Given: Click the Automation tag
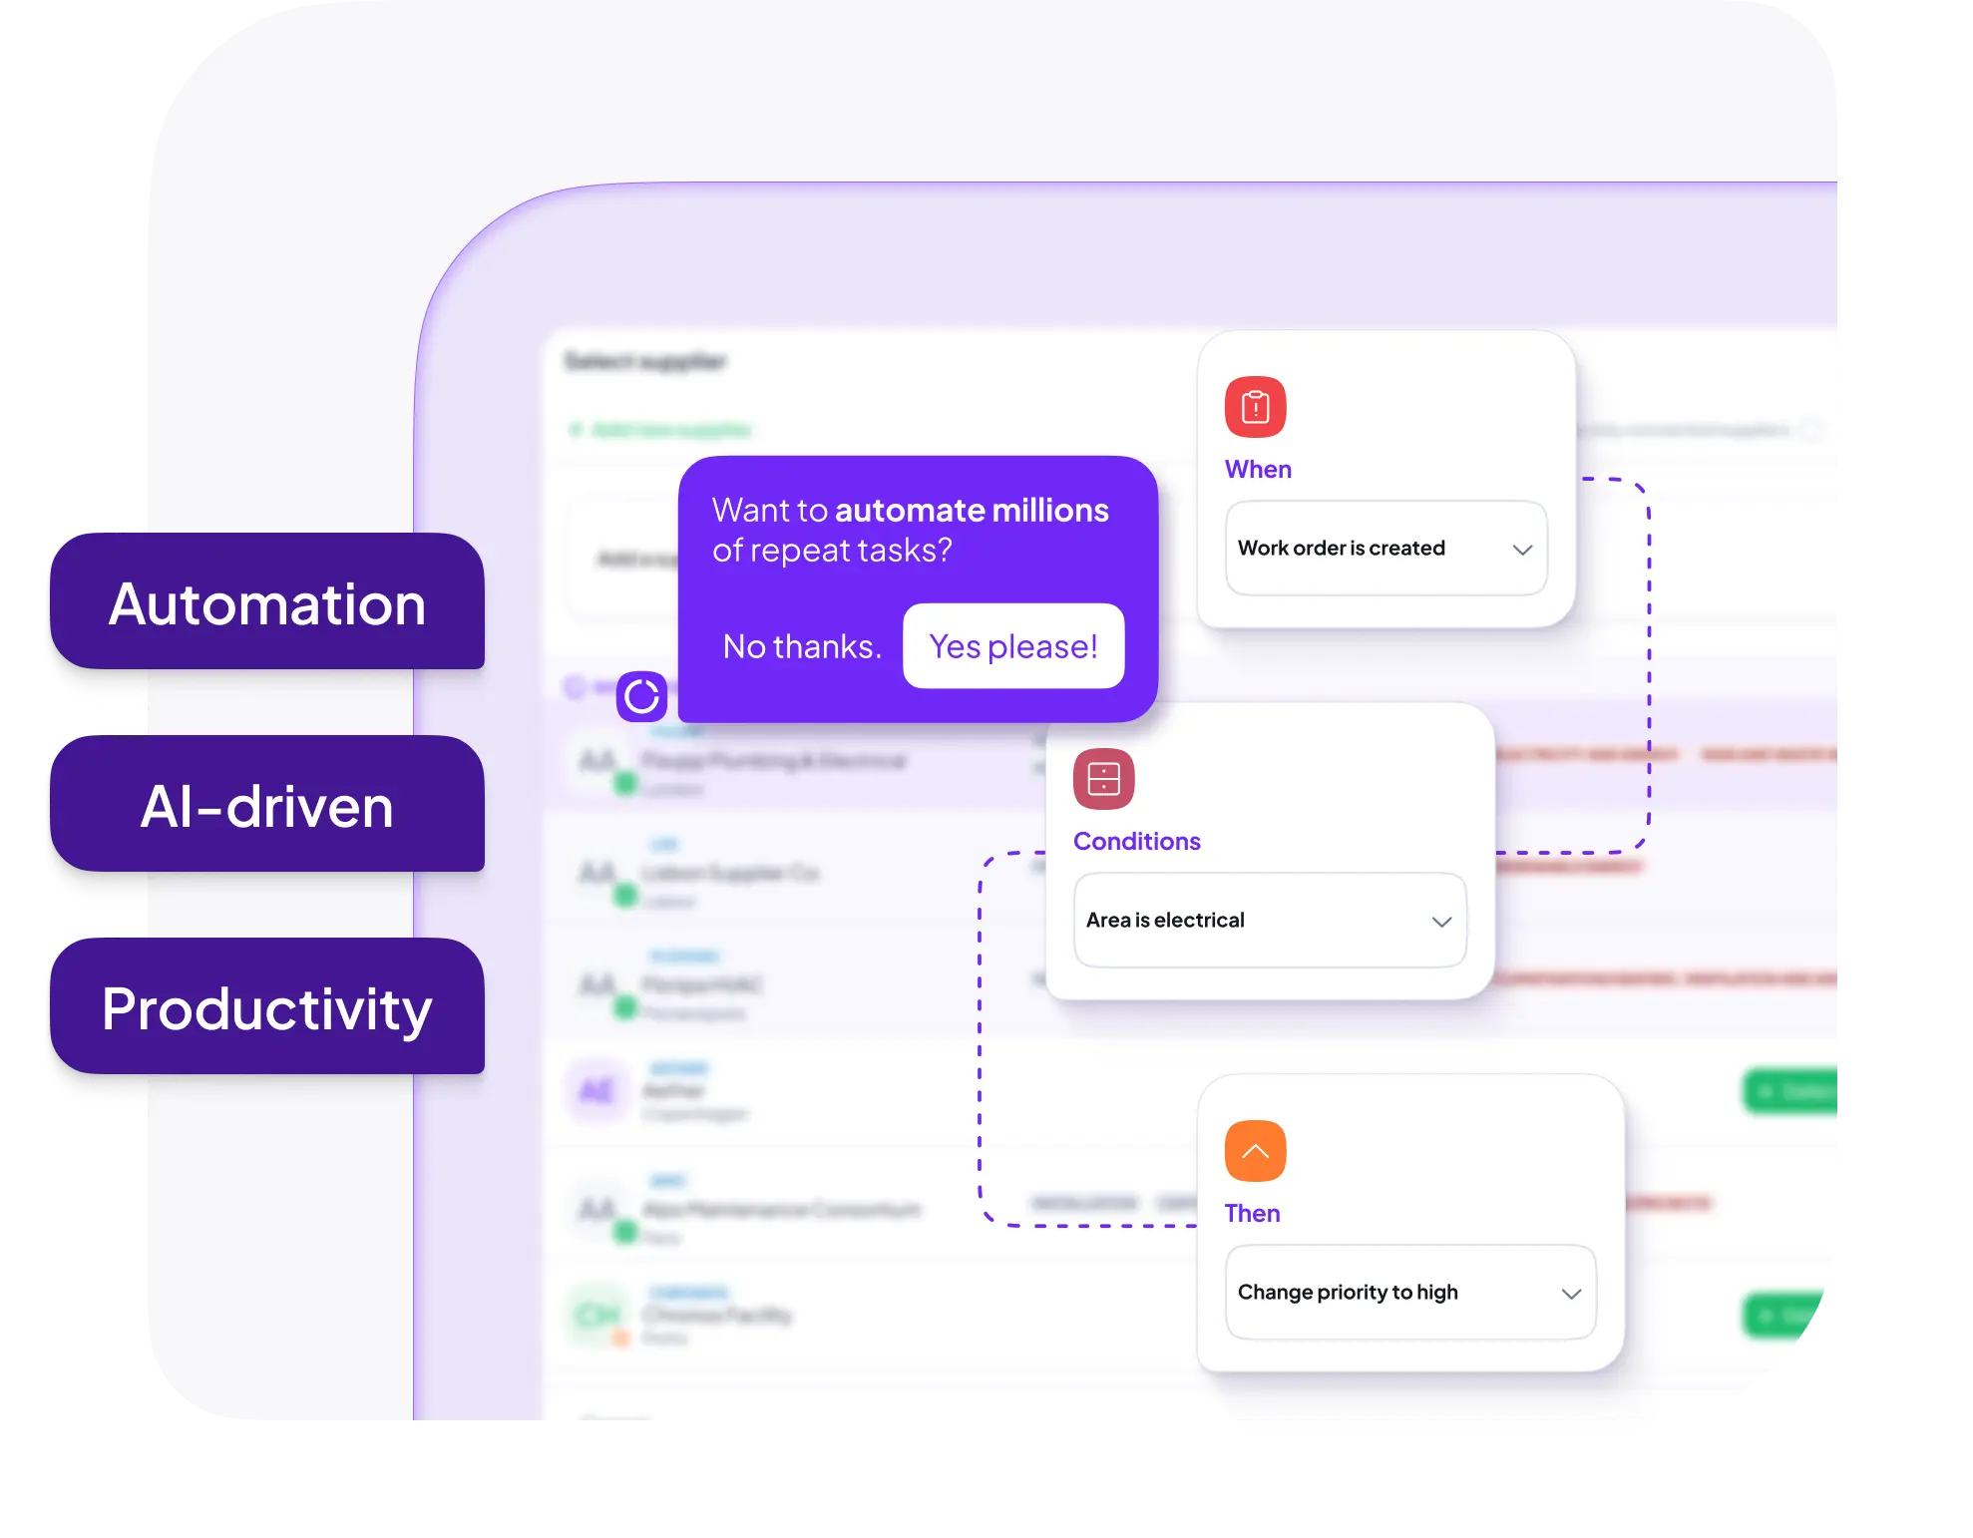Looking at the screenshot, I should coord(266,603).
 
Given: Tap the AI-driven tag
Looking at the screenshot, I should coord(266,806).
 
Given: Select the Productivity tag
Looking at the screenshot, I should coord(266,1008).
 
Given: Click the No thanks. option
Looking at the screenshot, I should coord(802,646).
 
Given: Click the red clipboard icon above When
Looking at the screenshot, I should coord(1255,407).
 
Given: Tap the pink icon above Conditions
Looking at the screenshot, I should coord(1103,779).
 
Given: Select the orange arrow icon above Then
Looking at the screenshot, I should coord(1255,1151).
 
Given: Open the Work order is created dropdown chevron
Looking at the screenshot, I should coord(1522,550).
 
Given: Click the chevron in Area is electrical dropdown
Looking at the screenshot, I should coord(1441,922).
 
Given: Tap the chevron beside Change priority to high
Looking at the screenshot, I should coord(1571,1294).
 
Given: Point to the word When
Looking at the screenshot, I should coord(1258,470).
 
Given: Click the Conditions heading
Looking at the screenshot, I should coord(1136,842).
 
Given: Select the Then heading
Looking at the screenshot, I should coord(1252,1214).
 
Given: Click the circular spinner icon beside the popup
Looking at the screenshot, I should coord(641,696).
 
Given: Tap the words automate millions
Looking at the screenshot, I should coord(972,511).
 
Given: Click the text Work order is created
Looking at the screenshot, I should coord(1341,549).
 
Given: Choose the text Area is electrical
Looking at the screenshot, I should coord(1165,921).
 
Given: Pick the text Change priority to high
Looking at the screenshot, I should coord(1348,1293).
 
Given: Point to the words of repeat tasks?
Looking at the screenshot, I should coord(832,551).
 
